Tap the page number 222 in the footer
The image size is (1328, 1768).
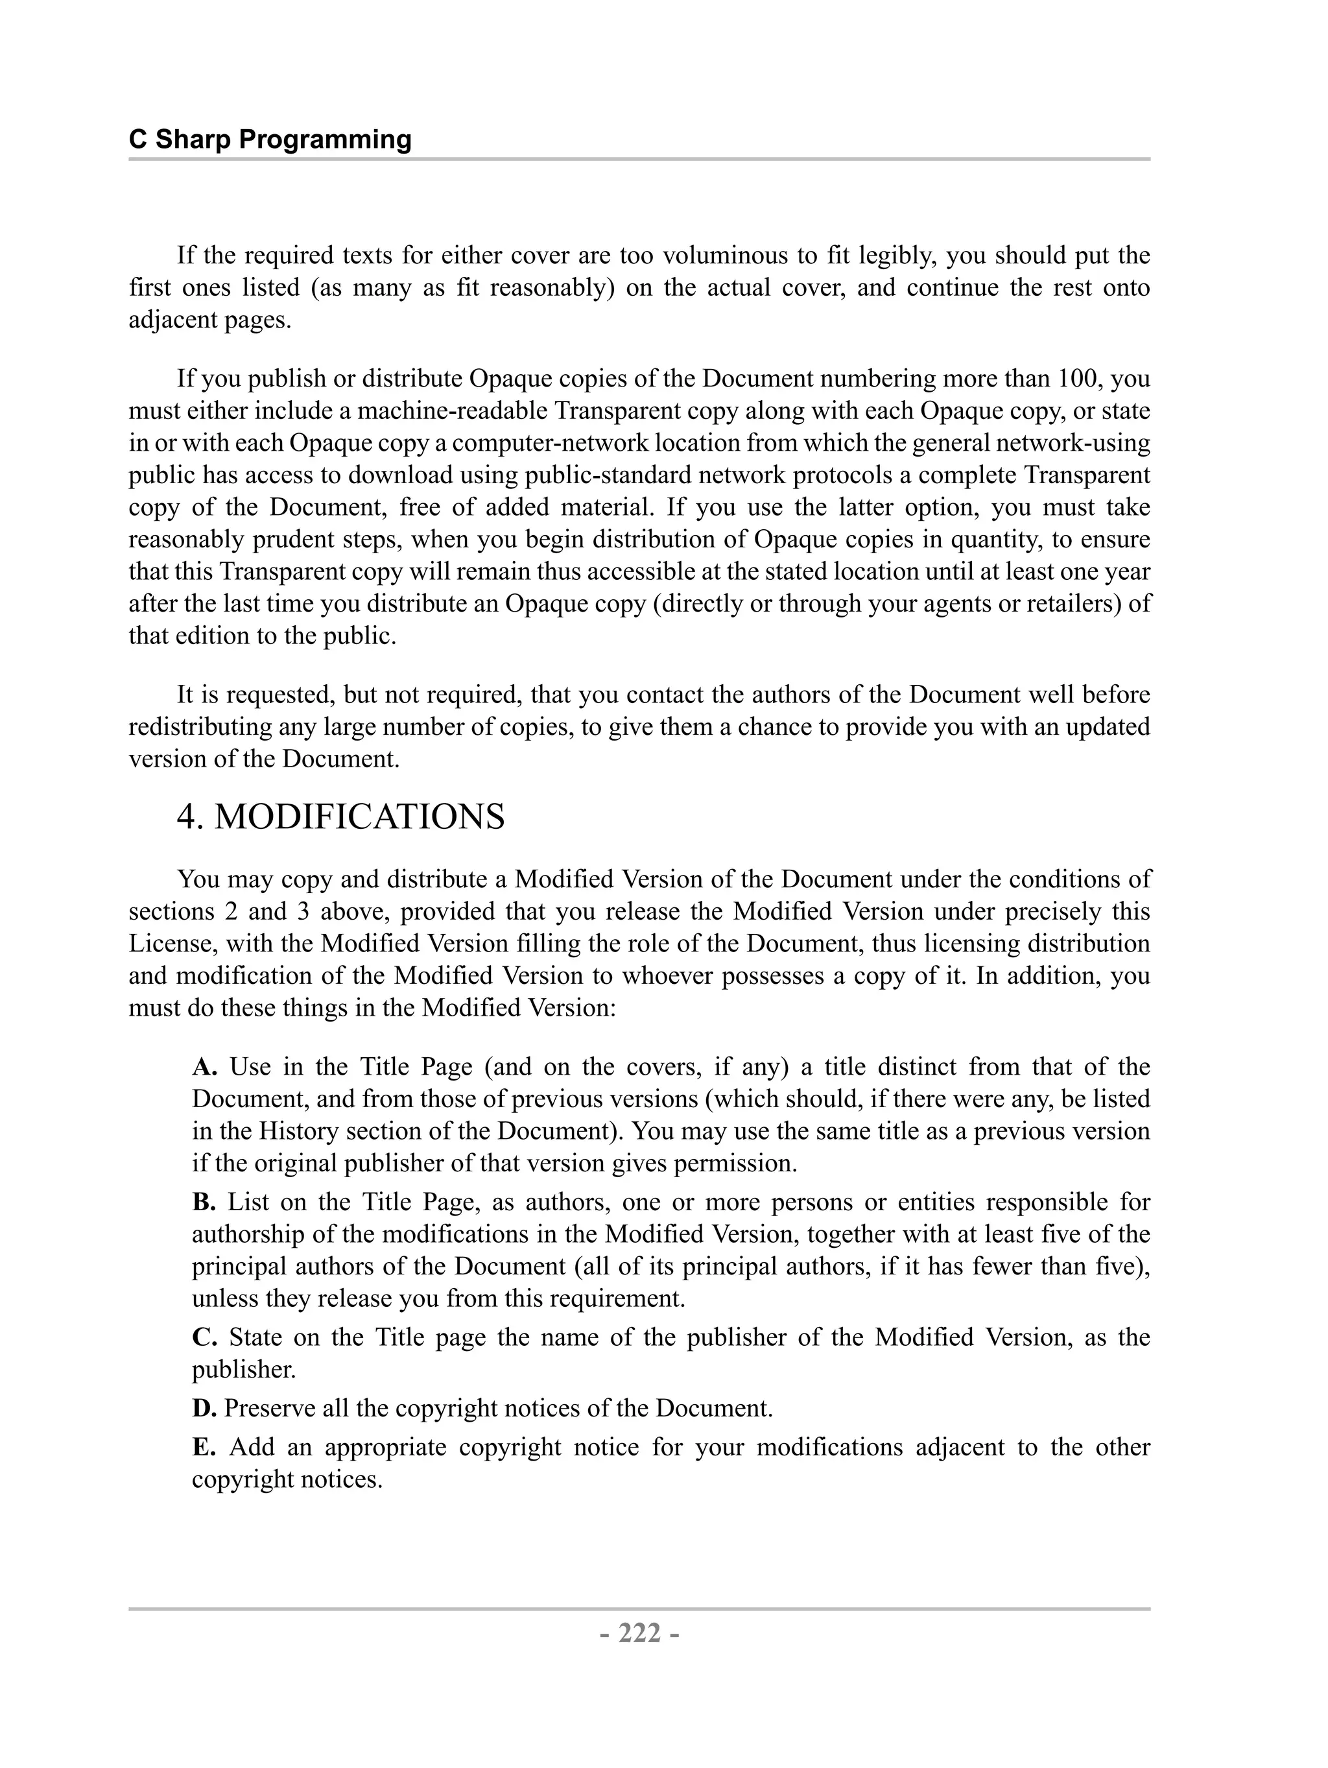(x=639, y=1633)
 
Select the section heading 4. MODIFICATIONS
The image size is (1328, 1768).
(x=340, y=817)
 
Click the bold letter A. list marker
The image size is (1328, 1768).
(x=204, y=1066)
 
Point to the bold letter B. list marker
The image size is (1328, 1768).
(x=204, y=1201)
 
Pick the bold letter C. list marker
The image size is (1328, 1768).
(x=204, y=1337)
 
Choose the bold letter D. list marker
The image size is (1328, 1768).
(x=204, y=1407)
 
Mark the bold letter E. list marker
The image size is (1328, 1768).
(x=204, y=1447)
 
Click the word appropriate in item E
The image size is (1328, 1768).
(x=385, y=1447)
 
